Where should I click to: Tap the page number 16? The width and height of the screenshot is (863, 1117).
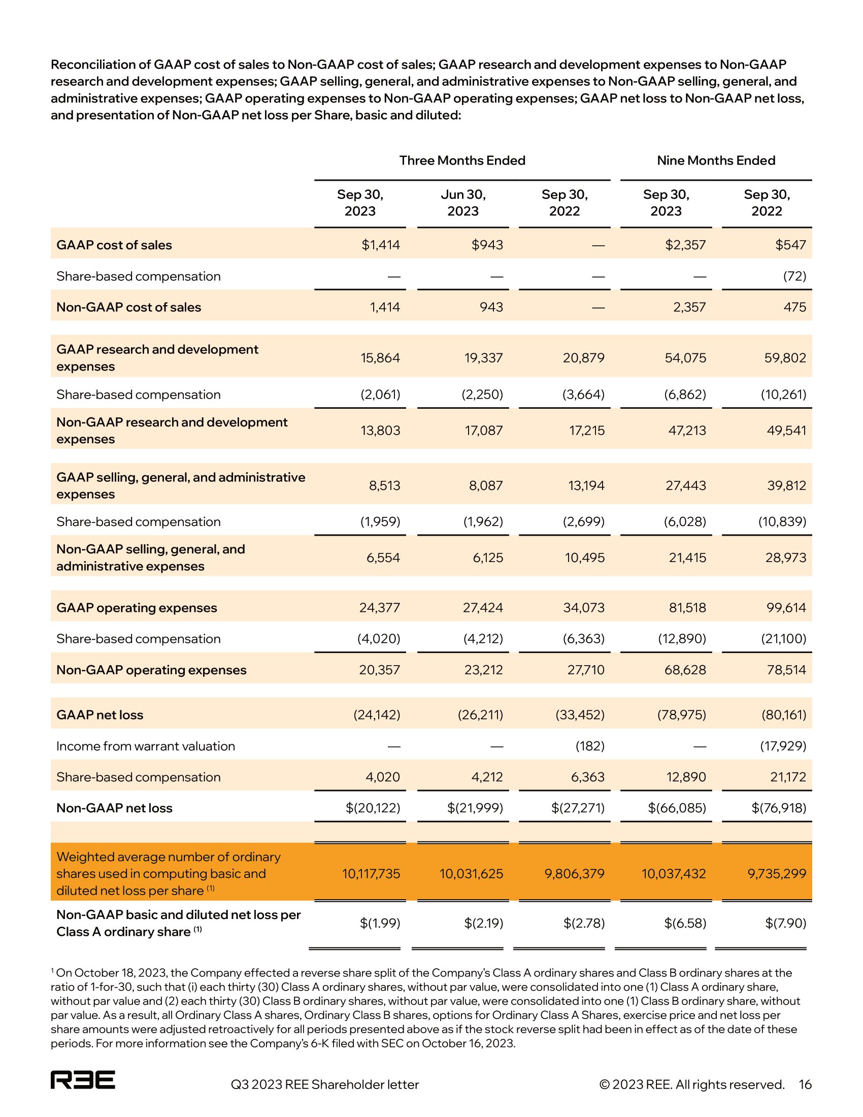point(805,1085)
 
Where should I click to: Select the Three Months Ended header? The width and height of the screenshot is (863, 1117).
point(462,160)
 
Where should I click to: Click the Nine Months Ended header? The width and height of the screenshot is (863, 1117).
point(716,160)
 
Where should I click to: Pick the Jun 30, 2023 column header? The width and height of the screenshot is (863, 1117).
point(462,203)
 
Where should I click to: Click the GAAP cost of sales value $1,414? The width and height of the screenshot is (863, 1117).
point(381,245)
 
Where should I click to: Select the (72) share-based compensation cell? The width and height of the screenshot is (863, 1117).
point(794,276)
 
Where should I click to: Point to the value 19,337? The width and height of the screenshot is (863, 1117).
point(484,357)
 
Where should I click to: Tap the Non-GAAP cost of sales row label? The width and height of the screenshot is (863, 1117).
point(129,307)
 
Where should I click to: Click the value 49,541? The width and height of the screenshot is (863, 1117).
point(786,430)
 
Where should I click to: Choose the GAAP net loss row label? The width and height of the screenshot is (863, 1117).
point(99,714)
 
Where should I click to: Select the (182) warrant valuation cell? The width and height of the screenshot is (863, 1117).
point(590,746)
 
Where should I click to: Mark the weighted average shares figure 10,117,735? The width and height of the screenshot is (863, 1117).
point(371,873)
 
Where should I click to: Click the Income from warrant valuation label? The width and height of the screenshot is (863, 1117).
point(146,746)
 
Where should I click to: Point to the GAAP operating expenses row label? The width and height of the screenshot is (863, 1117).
point(137,608)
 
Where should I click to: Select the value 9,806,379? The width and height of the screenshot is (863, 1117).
point(575,873)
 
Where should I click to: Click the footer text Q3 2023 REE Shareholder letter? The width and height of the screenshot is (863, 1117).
point(325,1085)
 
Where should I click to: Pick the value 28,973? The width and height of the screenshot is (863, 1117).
point(786,557)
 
